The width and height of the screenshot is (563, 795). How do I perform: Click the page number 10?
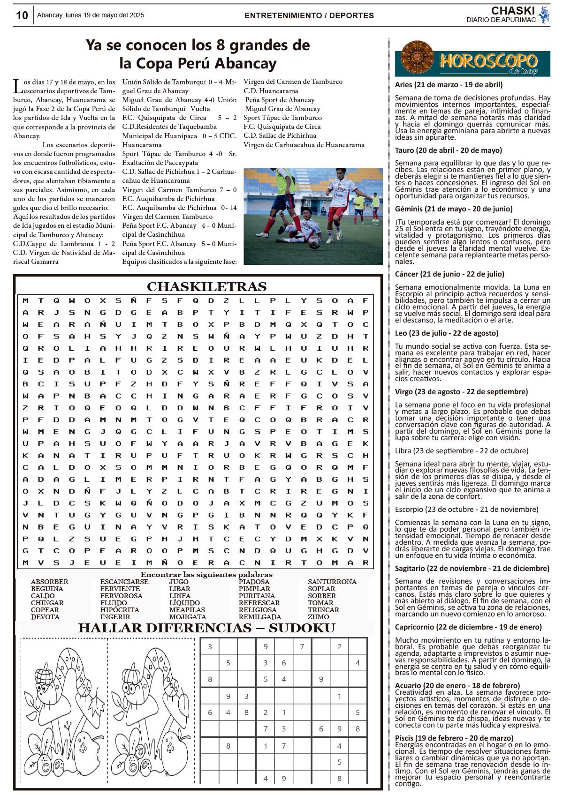(22, 15)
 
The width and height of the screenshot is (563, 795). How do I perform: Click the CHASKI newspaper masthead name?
(513, 11)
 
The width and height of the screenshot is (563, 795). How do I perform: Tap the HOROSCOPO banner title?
(488, 61)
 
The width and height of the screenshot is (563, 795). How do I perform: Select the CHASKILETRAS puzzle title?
(206, 286)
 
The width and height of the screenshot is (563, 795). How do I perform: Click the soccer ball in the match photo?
(314, 242)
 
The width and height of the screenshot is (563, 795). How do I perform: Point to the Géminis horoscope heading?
(454, 209)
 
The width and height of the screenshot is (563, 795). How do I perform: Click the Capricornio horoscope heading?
(468, 627)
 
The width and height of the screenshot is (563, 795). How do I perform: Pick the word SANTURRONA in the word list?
(332, 582)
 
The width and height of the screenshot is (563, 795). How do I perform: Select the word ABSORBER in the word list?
(50, 582)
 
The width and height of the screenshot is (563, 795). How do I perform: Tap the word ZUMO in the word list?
(319, 617)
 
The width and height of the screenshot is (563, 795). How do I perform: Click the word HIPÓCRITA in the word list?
(120, 610)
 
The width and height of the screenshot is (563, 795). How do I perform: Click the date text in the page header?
(91, 15)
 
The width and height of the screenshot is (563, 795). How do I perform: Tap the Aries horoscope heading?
(449, 85)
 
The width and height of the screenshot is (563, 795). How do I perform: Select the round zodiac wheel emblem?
(417, 58)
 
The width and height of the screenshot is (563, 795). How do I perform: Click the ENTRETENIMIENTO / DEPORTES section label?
(309, 15)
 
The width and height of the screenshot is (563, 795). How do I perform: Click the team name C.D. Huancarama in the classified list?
(271, 91)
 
